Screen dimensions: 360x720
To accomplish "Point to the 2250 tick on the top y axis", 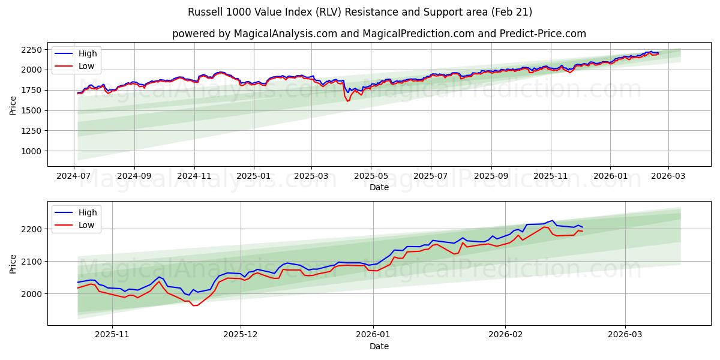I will (31, 49).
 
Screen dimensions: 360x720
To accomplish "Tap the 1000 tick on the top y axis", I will (31, 151).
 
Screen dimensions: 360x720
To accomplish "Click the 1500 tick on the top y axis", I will (31, 110).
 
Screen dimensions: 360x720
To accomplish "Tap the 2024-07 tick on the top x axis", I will (74, 176).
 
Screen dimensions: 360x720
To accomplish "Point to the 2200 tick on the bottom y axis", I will (31, 229).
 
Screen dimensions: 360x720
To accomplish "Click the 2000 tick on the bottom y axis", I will (31, 294).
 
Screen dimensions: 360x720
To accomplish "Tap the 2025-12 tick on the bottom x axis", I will (241, 335).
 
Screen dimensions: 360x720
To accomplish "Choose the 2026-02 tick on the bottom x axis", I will (505, 335).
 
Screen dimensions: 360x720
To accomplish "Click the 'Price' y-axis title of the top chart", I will (13, 106).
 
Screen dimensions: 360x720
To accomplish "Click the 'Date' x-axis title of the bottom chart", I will (379, 346).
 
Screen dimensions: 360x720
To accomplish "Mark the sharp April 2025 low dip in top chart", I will (347, 101).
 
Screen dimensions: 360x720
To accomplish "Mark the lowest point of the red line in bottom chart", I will (194, 305).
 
